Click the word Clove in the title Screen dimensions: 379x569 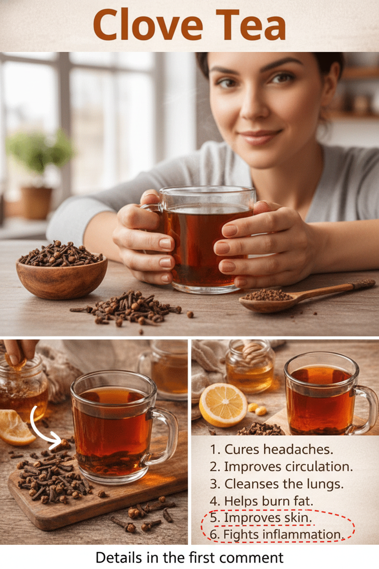pyautogui.click(x=148, y=25)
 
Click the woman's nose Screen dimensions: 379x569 pyautogui.click(x=254, y=107)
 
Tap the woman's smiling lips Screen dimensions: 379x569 pyautogui.click(x=260, y=136)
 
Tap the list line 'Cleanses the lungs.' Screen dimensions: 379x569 pyautogui.click(x=277, y=484)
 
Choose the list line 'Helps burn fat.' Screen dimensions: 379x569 pyautogui.click(x=261, y=501)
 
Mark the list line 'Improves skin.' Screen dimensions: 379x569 pyautogui.click(x=261, y=518)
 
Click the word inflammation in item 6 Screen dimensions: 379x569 pyautogui.click(x=303, y=535)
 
